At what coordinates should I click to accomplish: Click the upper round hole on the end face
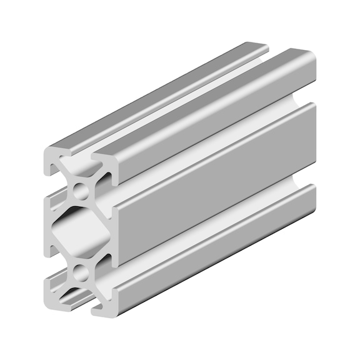pyautogui.click(x=81, y=189)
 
